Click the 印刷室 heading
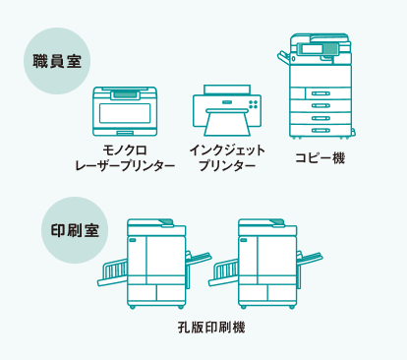coord(74,232)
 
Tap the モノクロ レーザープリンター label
coord(125,158)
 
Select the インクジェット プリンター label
coord(226,158)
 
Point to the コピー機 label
coord(320,157)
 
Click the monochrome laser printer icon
coord(125,111)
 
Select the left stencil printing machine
coord(154,261)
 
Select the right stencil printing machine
coord(265,261)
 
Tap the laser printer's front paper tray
coord(125,132)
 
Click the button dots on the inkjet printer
coord(254,103)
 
